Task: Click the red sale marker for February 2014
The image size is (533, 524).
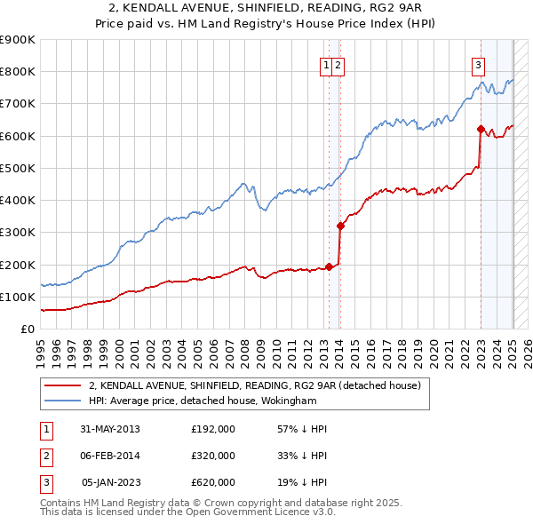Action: point(340,226)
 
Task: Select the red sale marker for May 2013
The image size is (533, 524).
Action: point(330,266)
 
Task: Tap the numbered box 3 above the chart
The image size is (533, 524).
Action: point(478,64)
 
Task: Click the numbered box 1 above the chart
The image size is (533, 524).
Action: point(327,64)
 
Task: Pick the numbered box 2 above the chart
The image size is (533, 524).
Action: point(339,64)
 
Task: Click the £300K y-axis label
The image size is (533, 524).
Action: point(19,233)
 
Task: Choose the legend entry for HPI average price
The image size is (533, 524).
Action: point(203,401)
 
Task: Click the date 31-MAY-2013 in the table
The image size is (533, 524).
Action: point(110,429)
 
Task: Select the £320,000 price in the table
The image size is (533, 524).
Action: point(213,456)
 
